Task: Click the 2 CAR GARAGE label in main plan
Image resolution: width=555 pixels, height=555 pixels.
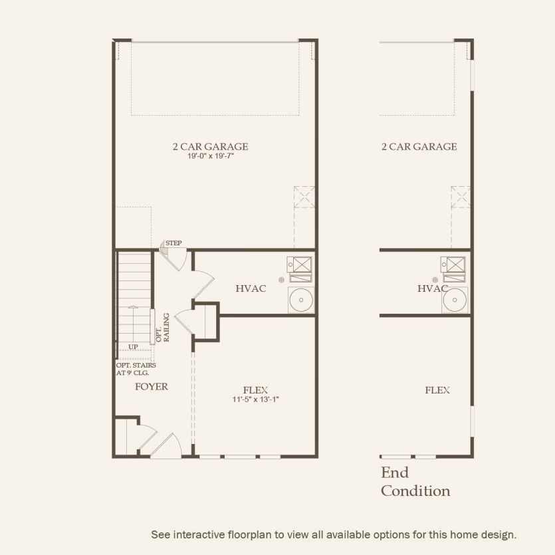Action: pyautogui.click(x=212, y=146)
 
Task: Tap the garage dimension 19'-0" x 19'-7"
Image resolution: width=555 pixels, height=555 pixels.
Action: pyautogui.click(x=212, y=156)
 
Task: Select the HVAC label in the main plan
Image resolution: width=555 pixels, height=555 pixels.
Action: pyautogui.click(x=251, y=288)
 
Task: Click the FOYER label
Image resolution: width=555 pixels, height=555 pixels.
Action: pyautogui.click(x=152, y=386)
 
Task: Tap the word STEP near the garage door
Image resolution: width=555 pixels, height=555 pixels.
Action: pyautogui.click(x=173, y=243)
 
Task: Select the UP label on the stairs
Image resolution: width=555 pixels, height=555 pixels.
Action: pyautogui.click(x=133, y=347)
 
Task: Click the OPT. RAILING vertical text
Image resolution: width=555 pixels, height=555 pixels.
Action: pyautogui.click(x=162, y=327)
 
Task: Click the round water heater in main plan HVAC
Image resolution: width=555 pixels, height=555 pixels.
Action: pyautogui.click(x=301, y=300)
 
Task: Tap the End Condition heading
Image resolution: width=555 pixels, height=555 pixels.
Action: pyautogui.click(x=415, y=482)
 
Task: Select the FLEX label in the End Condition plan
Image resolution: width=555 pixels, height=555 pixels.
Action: pyautogui.click(x=437, y=390)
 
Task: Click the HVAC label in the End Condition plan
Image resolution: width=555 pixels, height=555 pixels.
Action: pyautogui.click(x=433, y=288)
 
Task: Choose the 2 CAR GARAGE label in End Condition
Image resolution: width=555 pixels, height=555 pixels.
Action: pyautogui.click(x=419, y=146)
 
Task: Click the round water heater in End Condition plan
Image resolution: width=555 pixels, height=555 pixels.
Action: pyautogui.click(x=455, y=300)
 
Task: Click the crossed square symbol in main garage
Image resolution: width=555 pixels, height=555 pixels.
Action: pyautogui.click(x=304, y=197)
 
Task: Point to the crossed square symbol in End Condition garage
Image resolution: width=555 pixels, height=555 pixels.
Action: pyautogui.click(x=461, y=197)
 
